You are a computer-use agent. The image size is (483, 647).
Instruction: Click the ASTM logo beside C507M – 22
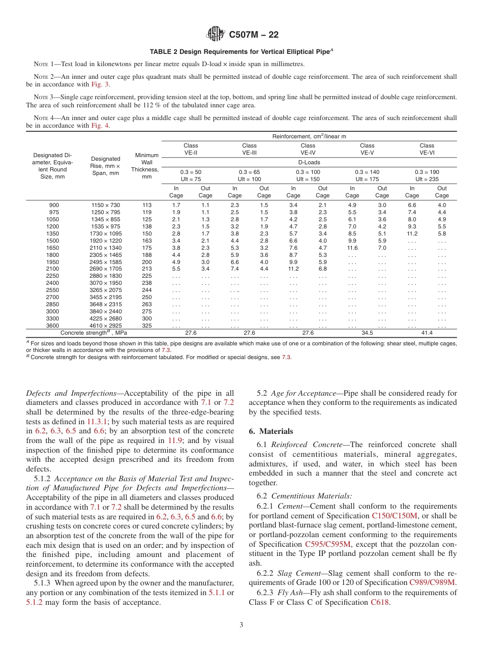pos(216,35)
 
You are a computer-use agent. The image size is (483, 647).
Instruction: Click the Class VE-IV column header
pos(308,149)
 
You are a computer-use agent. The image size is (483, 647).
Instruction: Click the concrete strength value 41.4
pos(427,333)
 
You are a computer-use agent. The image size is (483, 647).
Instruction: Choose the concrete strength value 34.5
pos(367,333)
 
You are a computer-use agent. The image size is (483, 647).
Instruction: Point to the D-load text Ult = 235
pos(427,179)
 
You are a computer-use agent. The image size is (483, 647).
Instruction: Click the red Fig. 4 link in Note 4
pos(100,126)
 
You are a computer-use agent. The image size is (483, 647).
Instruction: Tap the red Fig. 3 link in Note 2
pos(100,84)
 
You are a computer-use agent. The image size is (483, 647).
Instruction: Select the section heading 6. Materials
pos(271,431)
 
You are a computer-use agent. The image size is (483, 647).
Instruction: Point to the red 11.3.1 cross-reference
pos(97,422)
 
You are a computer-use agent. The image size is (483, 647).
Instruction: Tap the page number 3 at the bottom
pos(242,625)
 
